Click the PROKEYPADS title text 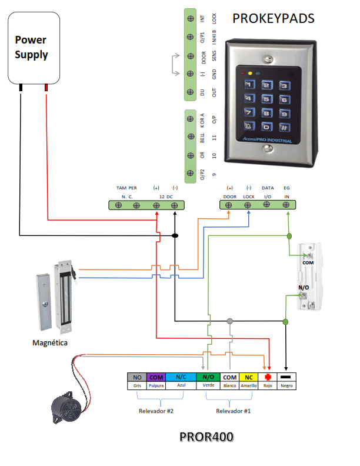tap(273, 18)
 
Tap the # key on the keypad tap(284, 126)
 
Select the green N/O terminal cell tap(208, 377)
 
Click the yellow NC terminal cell tap(249, 377)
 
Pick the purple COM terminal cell tap(156, 377)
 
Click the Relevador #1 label tap(233, 411)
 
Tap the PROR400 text tap(206, 438)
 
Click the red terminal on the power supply tap(46, 88)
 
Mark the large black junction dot tap(175, 235)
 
